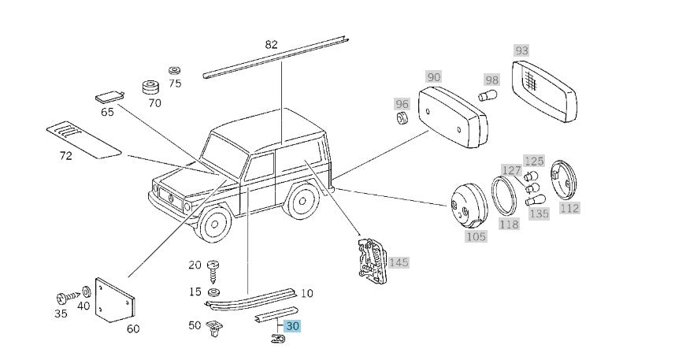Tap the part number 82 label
272,45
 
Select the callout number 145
399,262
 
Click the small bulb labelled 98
485,96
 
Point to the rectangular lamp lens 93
546,92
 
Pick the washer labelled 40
85,293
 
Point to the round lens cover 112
565,180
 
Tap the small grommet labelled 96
402,120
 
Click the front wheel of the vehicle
213,225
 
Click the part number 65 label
107,112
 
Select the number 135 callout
540,213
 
